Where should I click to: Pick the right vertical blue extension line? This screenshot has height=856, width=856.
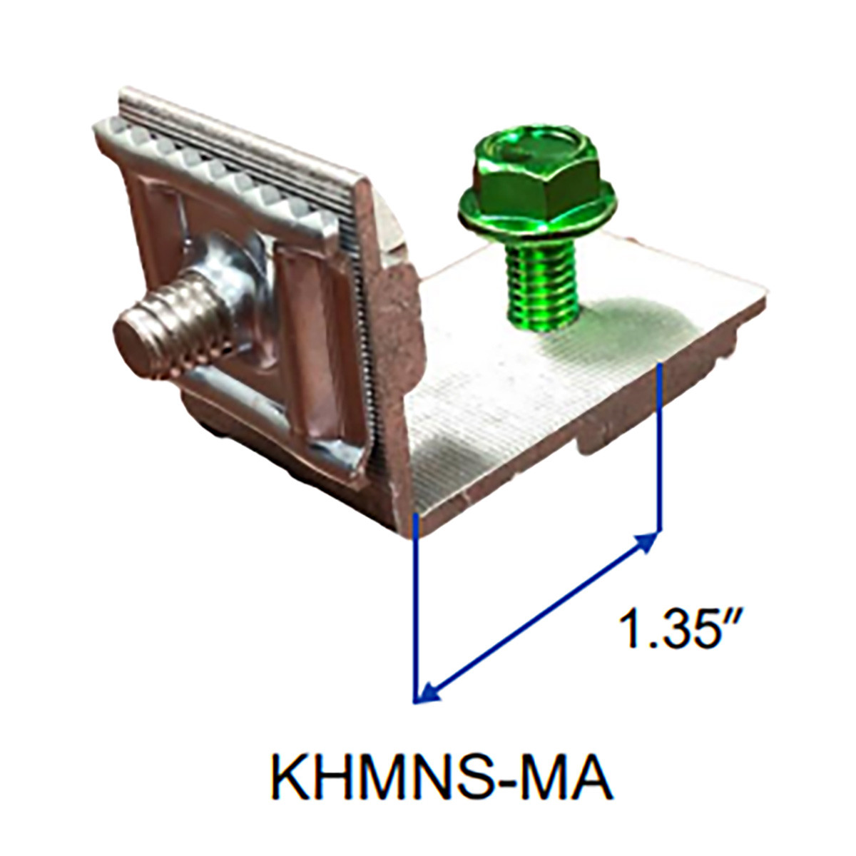click(x=661, y=449)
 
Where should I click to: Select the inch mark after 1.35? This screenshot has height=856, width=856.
click(x=736, y=615)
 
